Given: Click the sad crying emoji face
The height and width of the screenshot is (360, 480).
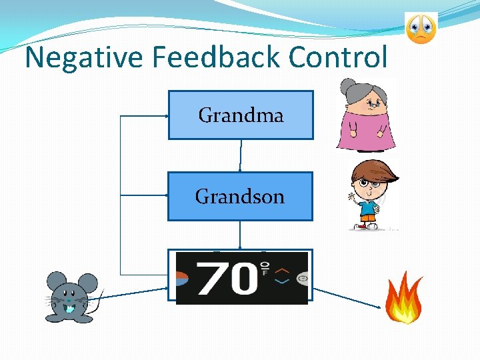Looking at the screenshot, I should click(421, 29).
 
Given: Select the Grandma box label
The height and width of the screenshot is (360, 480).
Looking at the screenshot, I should click(241, 115).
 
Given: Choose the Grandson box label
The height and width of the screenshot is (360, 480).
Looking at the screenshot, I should click(240, 197).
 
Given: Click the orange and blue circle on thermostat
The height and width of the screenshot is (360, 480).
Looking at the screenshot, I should click(182, 277).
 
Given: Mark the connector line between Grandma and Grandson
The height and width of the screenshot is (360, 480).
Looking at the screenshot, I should click(241, 156).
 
